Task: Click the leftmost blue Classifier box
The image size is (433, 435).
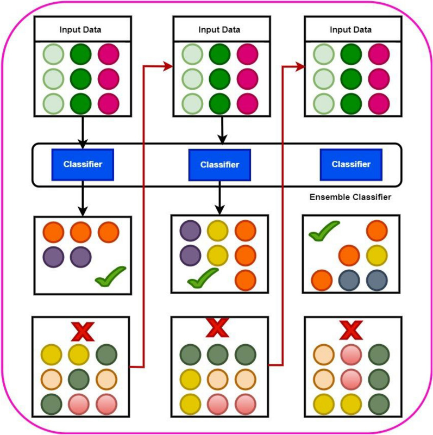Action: point(83,164)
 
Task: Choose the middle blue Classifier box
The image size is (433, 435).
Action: point(219,165)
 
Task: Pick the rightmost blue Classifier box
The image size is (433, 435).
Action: point(350,164)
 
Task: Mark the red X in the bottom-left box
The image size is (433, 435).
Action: point(81,331)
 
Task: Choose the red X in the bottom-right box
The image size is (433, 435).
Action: point(352,330)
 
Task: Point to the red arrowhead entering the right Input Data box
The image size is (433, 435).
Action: point(300,66)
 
